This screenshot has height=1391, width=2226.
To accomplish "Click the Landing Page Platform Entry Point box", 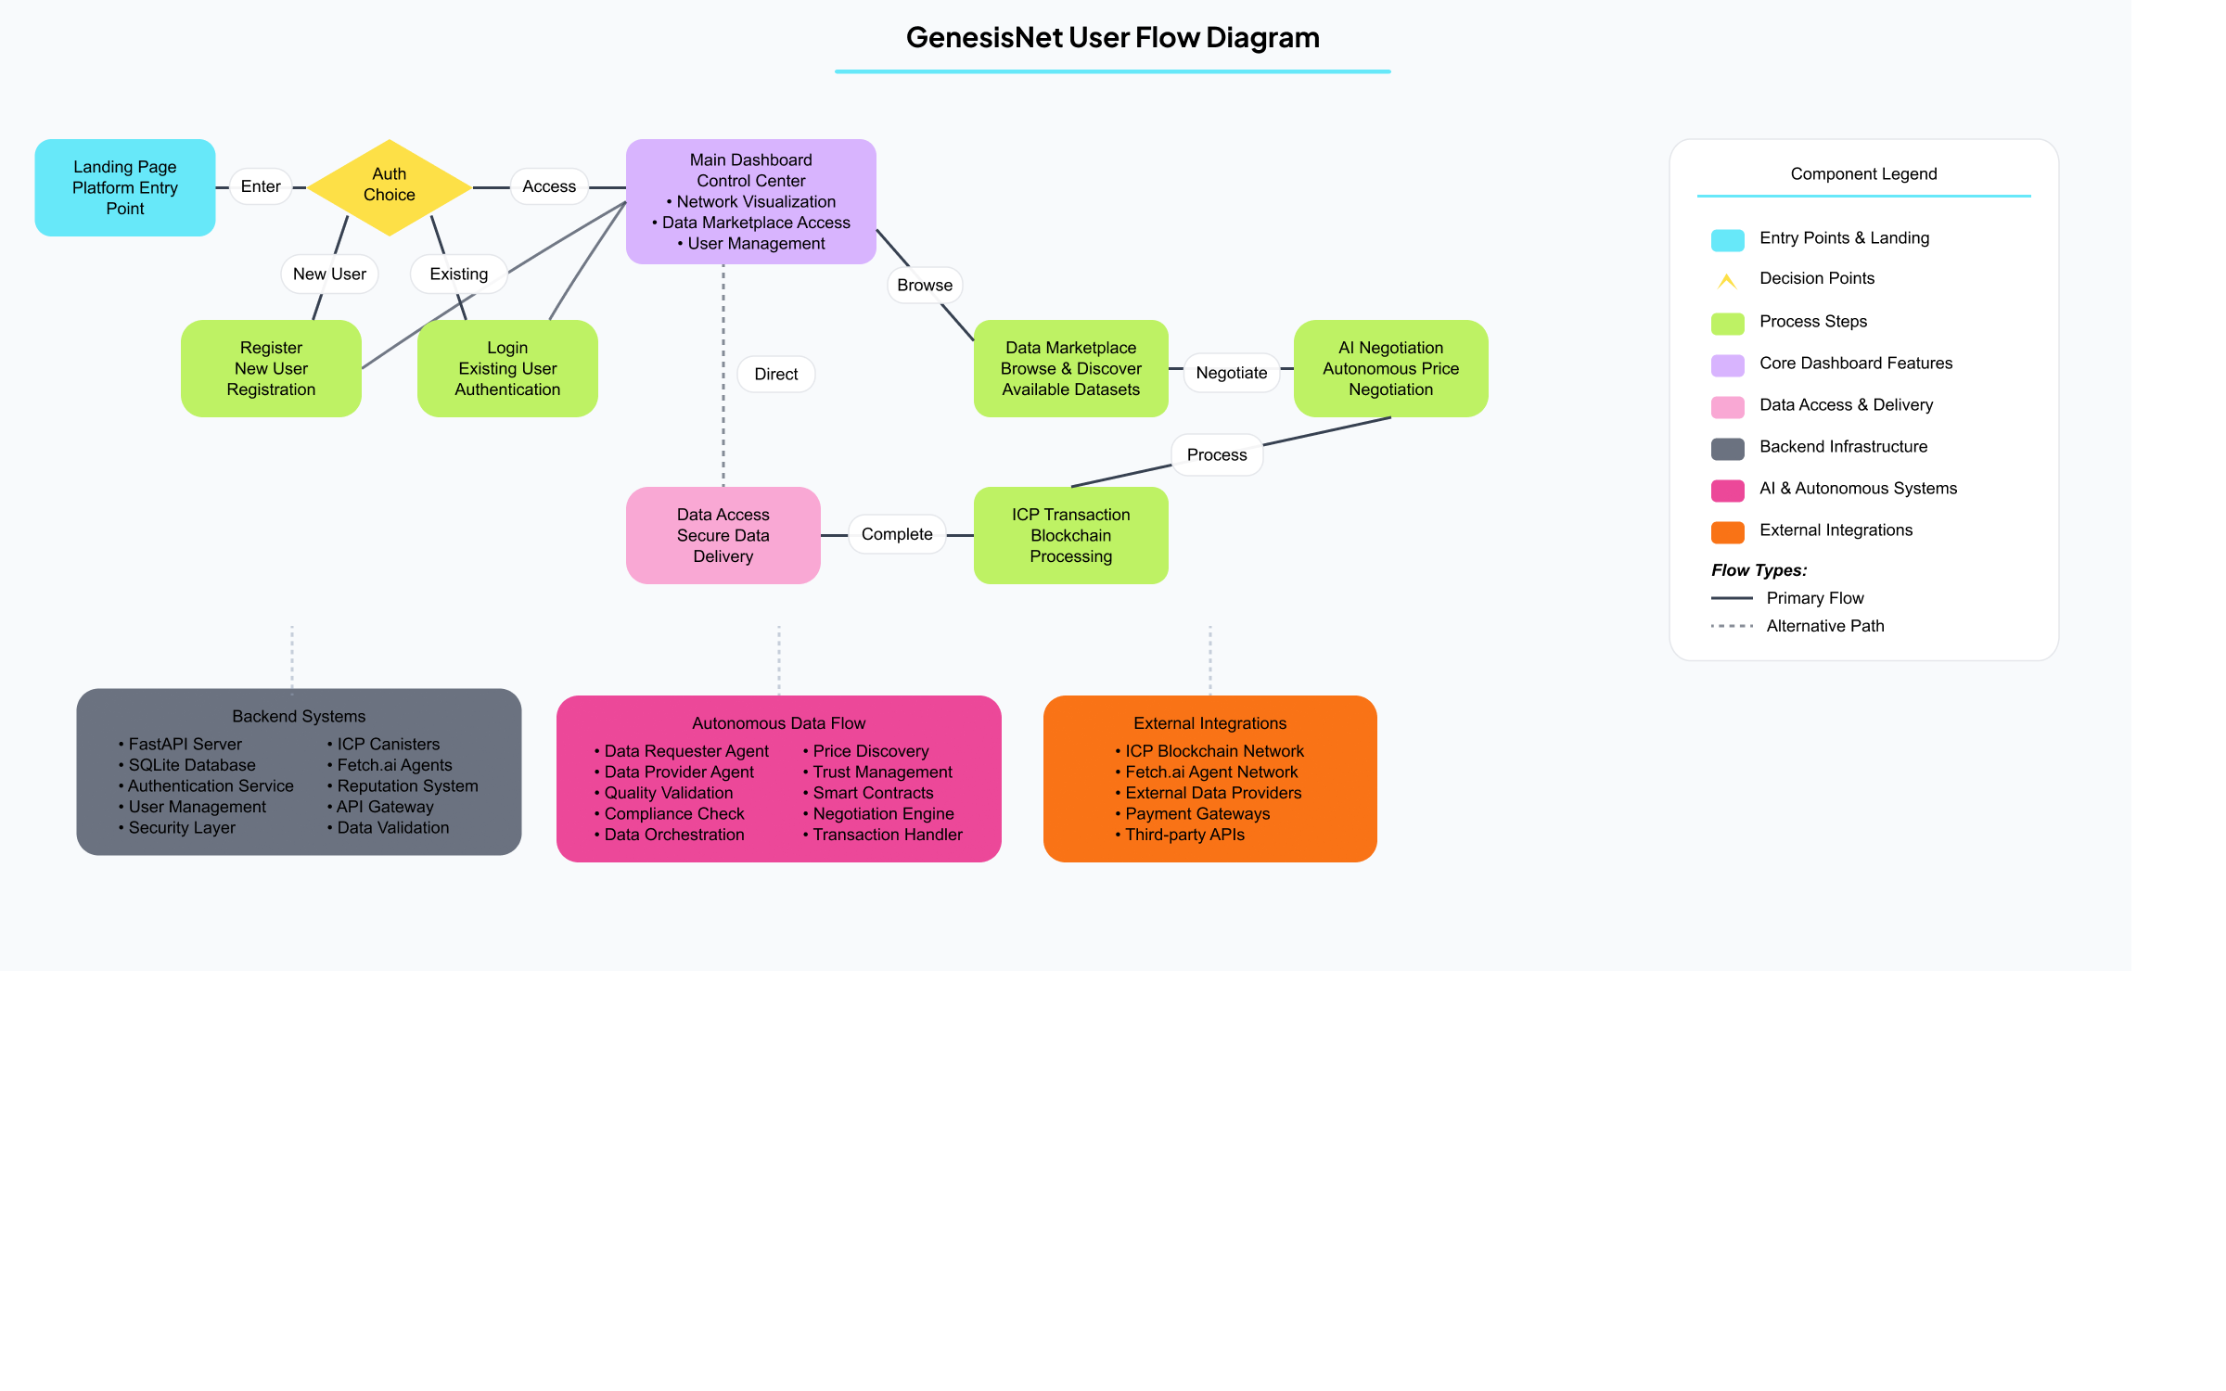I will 125,187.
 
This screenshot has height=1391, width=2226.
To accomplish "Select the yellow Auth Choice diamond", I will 390,185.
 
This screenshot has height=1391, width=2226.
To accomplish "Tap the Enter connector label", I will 261,186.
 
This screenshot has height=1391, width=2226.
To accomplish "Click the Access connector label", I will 549,186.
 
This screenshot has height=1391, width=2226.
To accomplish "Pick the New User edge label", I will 329,274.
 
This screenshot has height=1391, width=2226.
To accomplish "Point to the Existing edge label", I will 458,274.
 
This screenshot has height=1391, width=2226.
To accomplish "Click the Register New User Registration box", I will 271,368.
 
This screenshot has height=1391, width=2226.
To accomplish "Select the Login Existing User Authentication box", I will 507,368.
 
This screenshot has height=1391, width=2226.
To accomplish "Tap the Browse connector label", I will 925,285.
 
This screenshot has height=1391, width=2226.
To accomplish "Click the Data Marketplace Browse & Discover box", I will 1070,368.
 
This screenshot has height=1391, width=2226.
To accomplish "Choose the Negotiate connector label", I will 1231,373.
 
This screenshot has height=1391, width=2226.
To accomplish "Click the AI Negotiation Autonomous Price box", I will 1390,368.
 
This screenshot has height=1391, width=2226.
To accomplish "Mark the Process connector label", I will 1217,454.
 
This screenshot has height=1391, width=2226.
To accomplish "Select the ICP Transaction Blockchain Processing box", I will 1070,535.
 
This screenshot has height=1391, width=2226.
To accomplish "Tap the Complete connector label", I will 897,534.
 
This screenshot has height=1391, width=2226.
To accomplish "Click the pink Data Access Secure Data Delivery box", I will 723,535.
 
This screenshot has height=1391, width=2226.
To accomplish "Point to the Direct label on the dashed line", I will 776,374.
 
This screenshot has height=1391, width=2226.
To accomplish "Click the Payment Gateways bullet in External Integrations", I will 1197,813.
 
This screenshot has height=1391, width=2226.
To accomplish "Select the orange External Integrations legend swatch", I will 1727,531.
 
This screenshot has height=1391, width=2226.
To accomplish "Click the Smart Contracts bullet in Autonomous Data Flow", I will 873,793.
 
